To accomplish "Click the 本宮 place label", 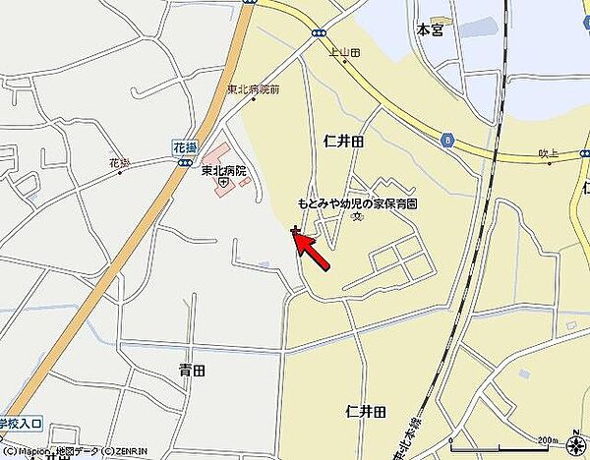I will pyautogui.click(x=430, y=30).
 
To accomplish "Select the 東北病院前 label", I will pyautogui.click(x=254, y=89).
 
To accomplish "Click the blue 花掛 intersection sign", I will pyautogui.click(x=183, y=145).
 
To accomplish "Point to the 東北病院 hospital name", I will pyautogui.click(x=224, y=170).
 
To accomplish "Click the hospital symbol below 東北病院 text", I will pyautogui.click(x=224, y=182).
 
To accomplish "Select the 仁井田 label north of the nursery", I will pyautogui.click(x=343, y=143).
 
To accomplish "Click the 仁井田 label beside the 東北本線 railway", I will pyautogui.click(x=366, y=411).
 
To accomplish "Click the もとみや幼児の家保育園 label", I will pyautogui.click(x=358, y=203).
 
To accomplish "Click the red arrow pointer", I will pyautogui.click(x=315, y=250).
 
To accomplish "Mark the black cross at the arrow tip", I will pyautogui.click(x=295, y=230).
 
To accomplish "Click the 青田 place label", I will pyautogui.click(x=192, y=371).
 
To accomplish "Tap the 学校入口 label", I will pyautogui.click(x=20, y=424).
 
